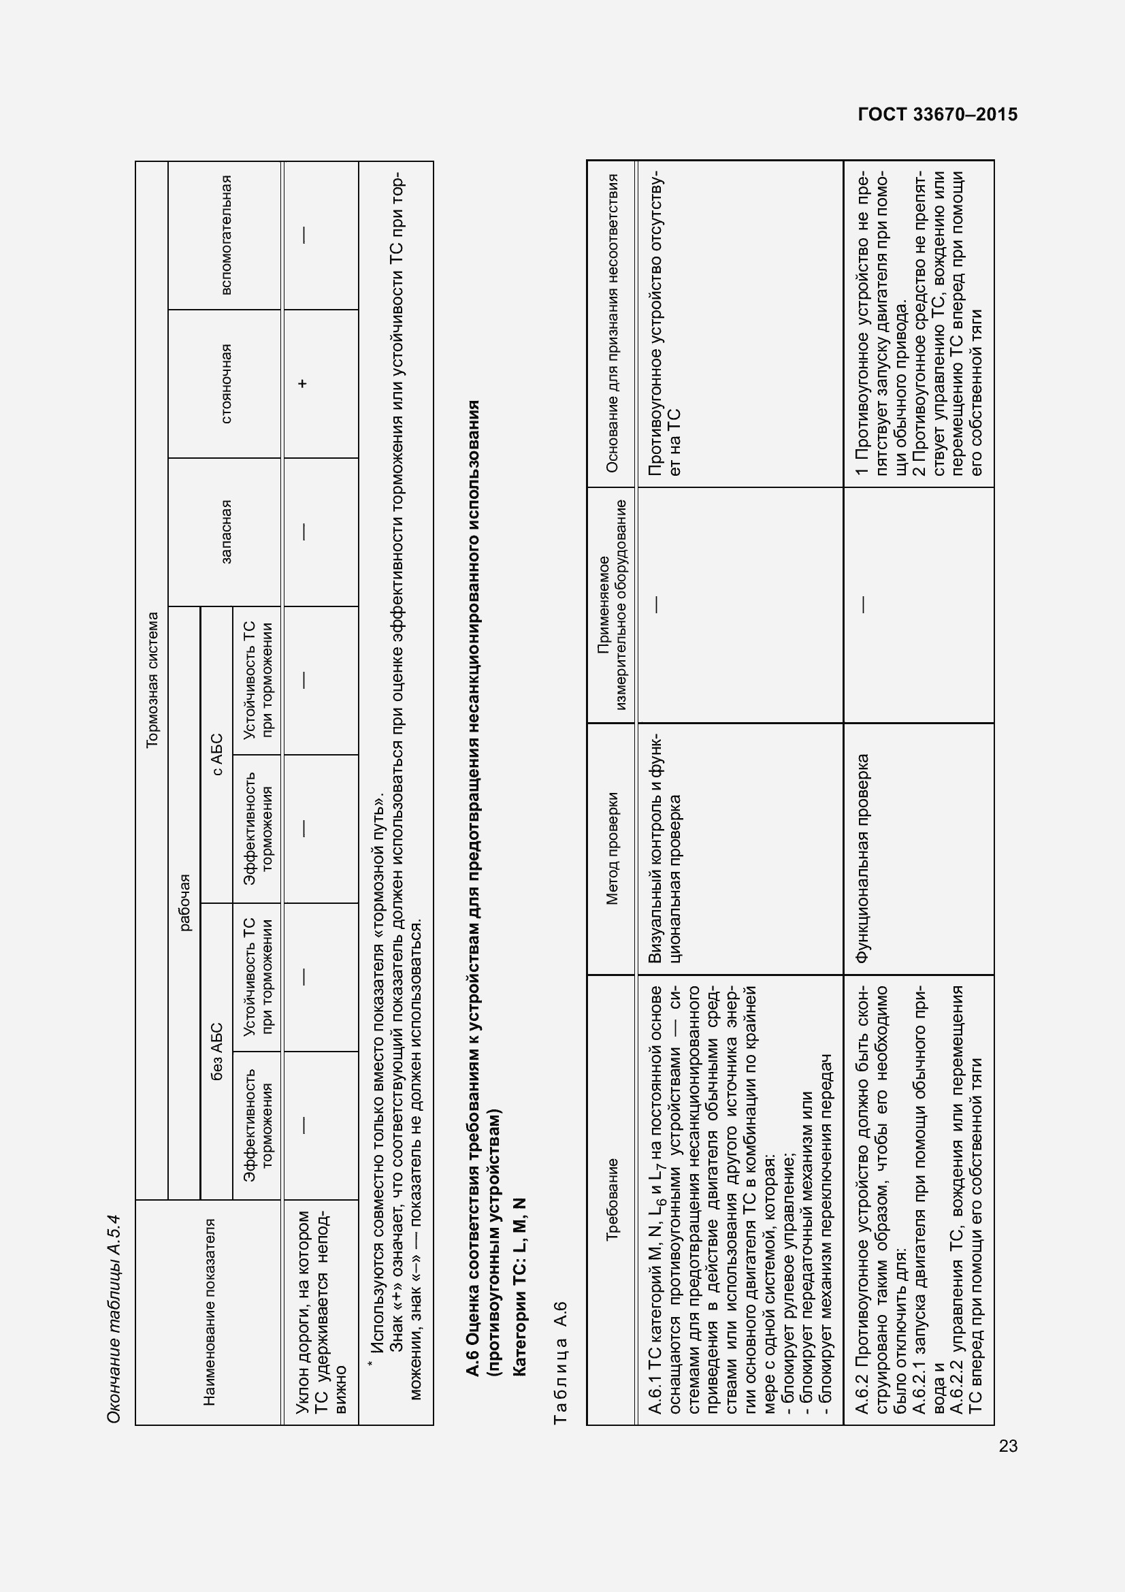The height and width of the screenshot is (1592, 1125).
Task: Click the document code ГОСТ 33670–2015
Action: coord(937,115)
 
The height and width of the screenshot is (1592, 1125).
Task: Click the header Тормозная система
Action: coord(152,679)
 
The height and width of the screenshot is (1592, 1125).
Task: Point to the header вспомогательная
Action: coord(226,235)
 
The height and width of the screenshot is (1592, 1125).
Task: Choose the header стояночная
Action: coord(226,383)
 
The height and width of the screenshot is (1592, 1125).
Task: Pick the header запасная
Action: coord(226,532)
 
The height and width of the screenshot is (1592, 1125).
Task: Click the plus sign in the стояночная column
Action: coord(303,383)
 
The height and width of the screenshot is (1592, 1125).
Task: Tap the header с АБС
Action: coord(217,754)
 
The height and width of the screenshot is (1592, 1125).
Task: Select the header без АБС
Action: coord(217,1051)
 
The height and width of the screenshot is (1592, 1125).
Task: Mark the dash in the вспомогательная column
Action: coord(303,235)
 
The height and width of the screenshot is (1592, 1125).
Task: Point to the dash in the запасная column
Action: coord(303,532)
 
